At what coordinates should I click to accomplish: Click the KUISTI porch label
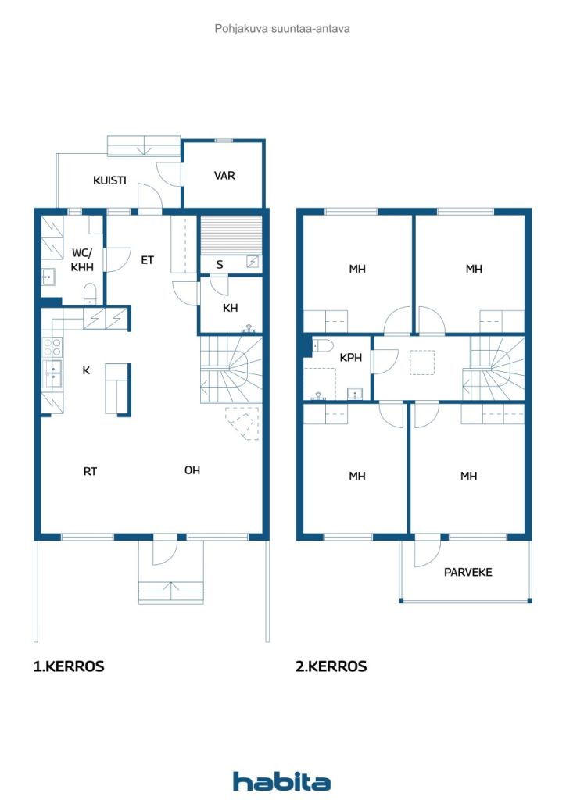tap(109, 180)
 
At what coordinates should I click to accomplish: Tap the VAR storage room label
tap(224, 176)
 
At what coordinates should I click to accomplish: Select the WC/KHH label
tap(81, 259)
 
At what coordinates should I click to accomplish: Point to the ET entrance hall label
tap(147, 260)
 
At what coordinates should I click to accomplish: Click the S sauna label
tap(220, 264)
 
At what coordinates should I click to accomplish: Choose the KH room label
tap(230, 308)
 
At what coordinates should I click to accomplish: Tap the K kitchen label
tap(86, 370)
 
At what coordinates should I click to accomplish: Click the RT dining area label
tap(90, 471)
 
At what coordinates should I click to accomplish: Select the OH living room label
tap(192, 470)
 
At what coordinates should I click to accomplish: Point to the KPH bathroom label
tap(351, 358)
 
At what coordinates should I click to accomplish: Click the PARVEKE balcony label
tap(468, 572)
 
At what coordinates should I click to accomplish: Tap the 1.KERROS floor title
tap(68, 666)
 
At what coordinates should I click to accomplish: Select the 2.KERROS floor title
tap(331, 666)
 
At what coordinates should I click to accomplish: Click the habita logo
tap(281, 780)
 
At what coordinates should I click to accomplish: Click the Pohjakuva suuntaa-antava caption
tap(282, 29)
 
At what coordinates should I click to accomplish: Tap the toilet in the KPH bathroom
tap(322, 345)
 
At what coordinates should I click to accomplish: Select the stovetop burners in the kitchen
tap(52, 347)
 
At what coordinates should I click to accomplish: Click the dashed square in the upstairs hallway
tap(422, 362)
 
